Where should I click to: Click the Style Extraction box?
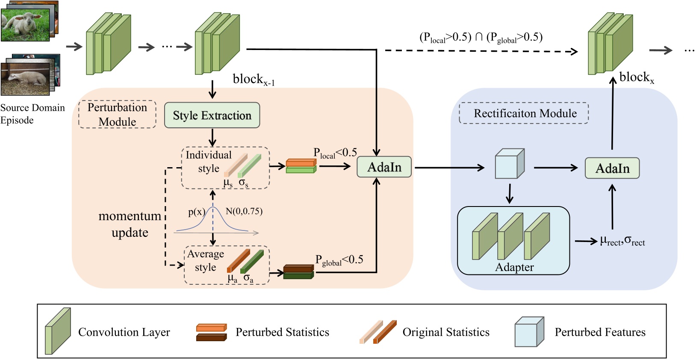point(212,115)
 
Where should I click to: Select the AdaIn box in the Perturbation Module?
point(384,167)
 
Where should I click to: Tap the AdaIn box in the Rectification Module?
point(612,168)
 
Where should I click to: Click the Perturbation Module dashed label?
point(117,114)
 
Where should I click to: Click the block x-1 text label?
point(253,80)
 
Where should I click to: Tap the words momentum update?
point(130,224)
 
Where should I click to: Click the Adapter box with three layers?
point(513,241)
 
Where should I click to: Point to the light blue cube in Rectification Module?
point(509,164)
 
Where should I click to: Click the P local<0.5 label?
point(335,153)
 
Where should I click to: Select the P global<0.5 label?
point(339,260)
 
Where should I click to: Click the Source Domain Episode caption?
point(32,114)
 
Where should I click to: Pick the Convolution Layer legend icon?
point(58,331)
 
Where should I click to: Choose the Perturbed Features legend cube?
point(529,331)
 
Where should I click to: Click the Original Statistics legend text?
point(445,332)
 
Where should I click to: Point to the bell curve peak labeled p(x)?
point(213,209)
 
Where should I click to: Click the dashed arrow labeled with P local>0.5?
point(481,51)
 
